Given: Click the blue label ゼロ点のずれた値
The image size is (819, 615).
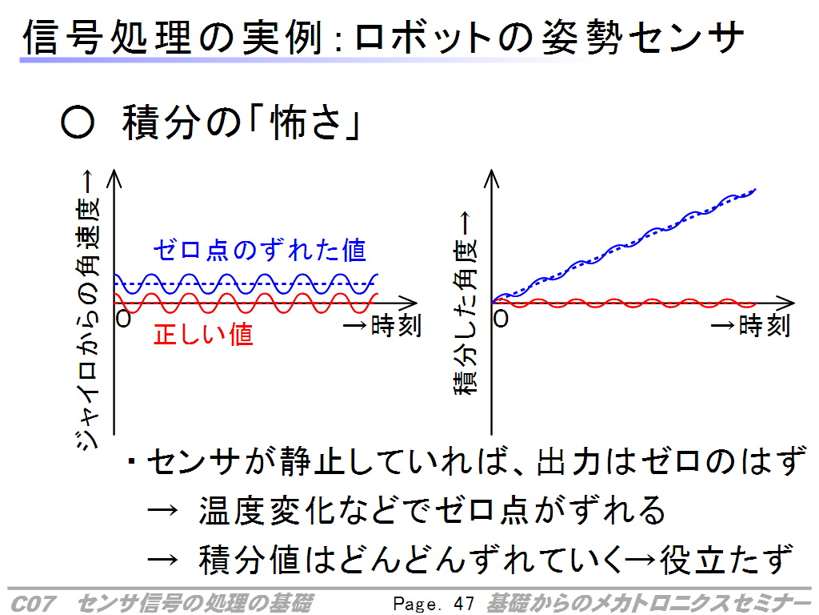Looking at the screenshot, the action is pos(260,250).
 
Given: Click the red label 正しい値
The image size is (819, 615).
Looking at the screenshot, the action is pos(204,334).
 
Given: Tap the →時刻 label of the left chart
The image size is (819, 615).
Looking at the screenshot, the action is pos(382,325).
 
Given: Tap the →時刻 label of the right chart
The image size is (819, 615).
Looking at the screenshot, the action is pos(750,325).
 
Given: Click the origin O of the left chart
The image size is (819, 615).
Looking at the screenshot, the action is pos(123,318).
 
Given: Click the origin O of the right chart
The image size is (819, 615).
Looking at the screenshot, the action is pos(501,318).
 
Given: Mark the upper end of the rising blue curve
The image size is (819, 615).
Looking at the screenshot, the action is pos(755,189).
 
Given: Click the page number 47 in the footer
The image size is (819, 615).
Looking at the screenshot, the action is pos(464,604).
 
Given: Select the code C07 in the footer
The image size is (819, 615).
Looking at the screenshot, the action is pos(32,604).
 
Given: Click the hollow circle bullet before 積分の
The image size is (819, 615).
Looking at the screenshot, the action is pos(78,123).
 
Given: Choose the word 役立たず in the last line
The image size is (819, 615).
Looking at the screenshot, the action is pos(726,559).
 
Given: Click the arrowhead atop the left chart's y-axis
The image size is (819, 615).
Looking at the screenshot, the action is pos(114,178).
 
